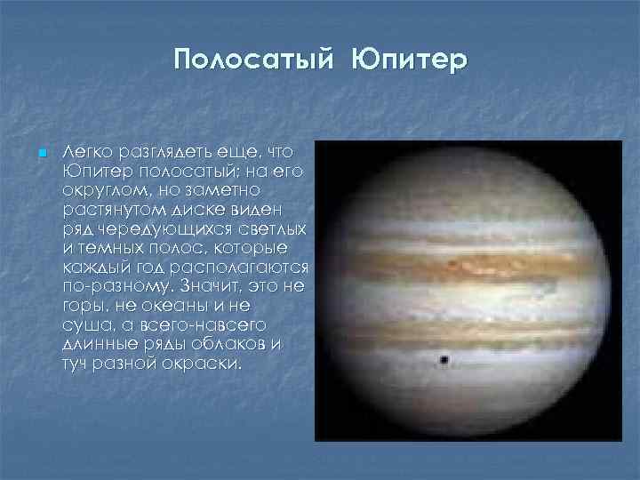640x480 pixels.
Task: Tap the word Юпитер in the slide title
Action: pyautogui.click(x=407, y=60)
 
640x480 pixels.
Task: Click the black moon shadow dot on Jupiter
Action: pyautogui.click(x=442, y=360)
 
